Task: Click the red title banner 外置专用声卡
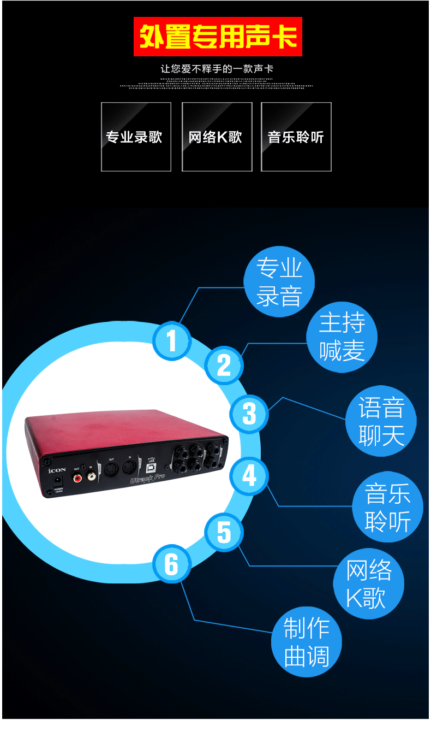tap(218, 37)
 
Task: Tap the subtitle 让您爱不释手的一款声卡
tap(217, 69)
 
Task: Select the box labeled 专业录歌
tap(136, 137)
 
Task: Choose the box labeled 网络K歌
tap(217, 137)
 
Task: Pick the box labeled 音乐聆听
tap(296, 137)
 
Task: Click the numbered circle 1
tap(172, 340)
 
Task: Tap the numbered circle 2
tap(224, 365)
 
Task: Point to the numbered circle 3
tap(249, 414)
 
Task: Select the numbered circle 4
tap(249, 476)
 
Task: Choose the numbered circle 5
tap(224, 532)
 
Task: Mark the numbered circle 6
tap(172, 564)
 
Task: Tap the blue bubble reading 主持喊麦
tap(342, 337)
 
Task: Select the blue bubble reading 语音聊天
tap(381, 422)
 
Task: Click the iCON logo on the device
tap(57, 469)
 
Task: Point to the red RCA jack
tap(77, 477)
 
